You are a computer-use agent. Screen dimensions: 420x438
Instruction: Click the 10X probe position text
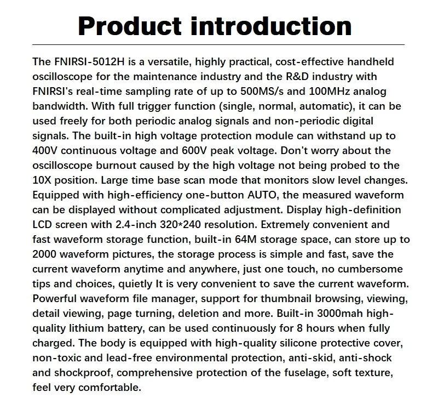[44, 180]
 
